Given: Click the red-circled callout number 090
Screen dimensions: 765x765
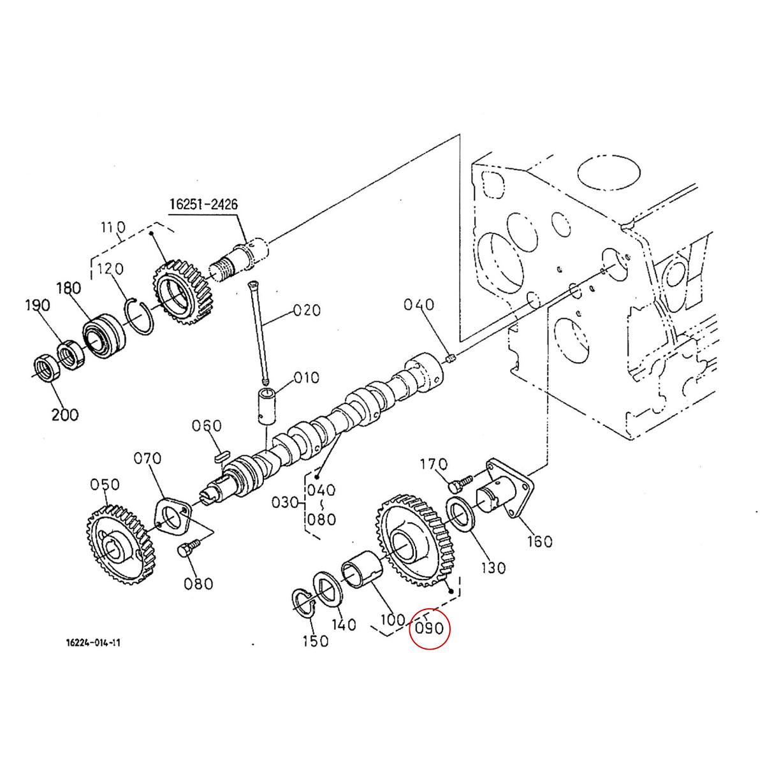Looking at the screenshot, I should click(x=429, y=628).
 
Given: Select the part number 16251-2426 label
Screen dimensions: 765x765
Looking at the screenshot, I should click(x=203, y=205).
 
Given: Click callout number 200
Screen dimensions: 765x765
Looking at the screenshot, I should click(x=64, y=414).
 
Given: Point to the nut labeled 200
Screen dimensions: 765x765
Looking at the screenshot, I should click(x=46, y=369).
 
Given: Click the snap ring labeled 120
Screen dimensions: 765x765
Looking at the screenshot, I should click(x=144, y=315).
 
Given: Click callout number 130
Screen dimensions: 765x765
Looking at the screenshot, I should click(x=492, y=567).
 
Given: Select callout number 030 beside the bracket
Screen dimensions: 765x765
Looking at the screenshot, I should click(x=285, y=502).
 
